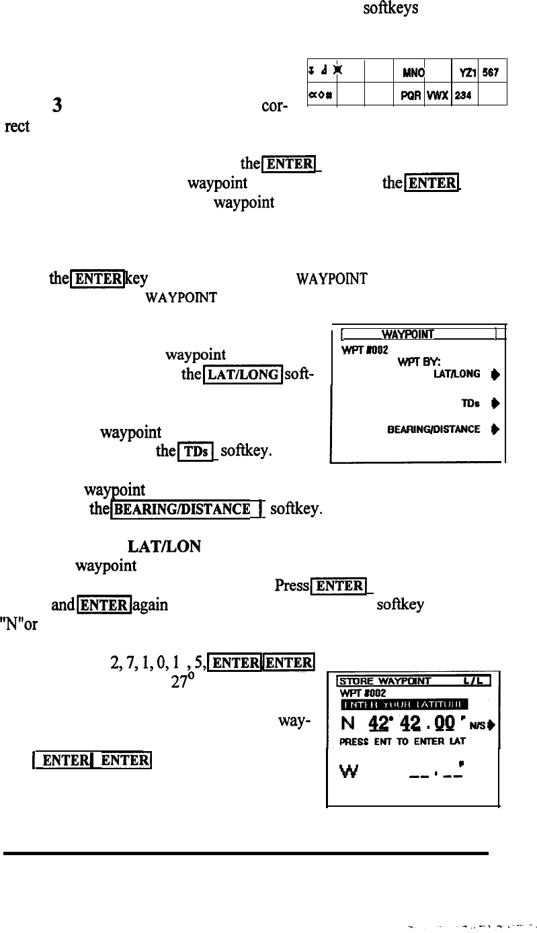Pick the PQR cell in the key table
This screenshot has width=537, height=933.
403,96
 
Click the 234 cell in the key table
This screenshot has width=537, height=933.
464,96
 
